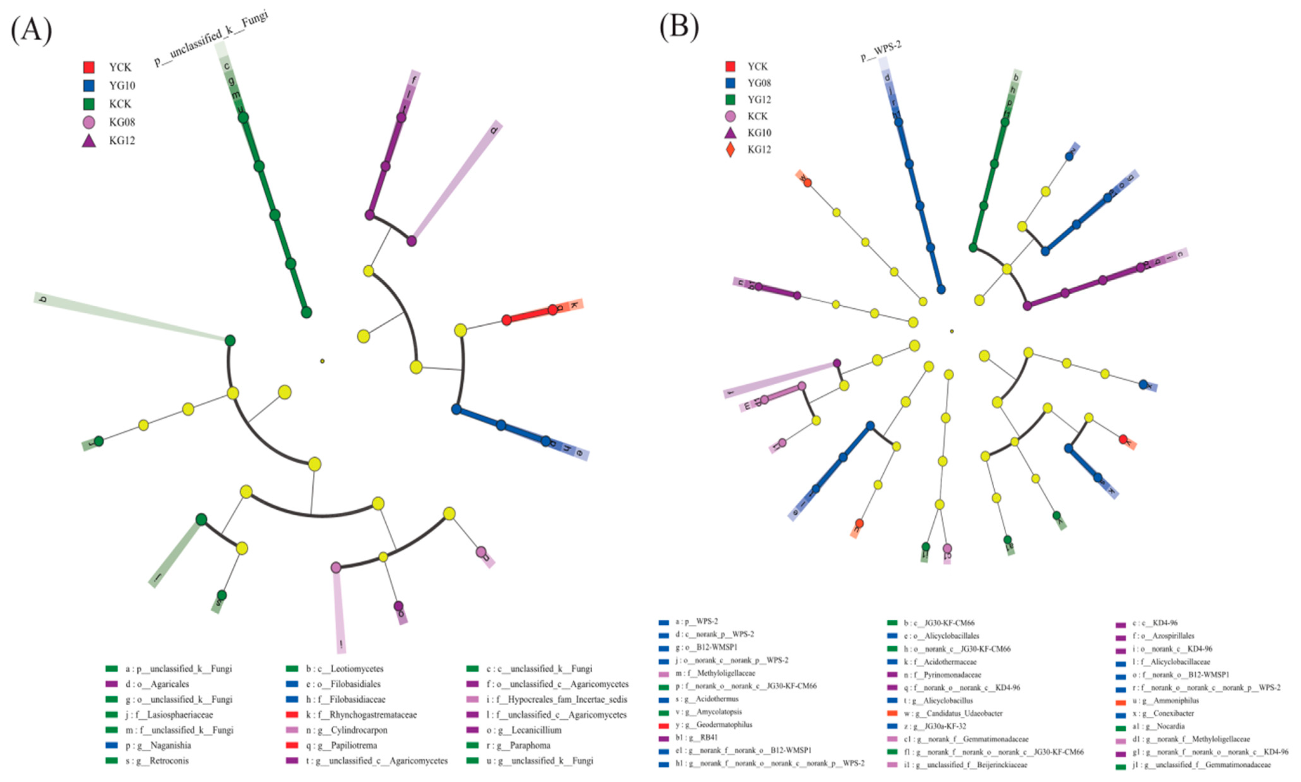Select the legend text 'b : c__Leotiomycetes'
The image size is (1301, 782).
click(x=345, y=669)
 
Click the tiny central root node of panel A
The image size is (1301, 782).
click(x=322, y=361)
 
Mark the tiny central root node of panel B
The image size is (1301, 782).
click(x=951, y=331)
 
